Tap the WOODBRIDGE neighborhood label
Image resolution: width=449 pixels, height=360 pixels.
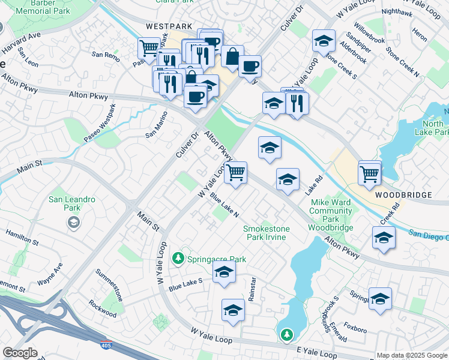click(403, 196)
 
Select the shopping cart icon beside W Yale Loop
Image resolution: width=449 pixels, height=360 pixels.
click(236, 173)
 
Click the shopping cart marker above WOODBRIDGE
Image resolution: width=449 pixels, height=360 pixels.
click(370, 174)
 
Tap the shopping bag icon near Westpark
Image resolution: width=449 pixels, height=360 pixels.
click(232, 56)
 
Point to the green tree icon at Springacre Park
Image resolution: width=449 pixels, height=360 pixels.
click(178, 259)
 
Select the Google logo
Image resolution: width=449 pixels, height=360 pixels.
click(20, 353)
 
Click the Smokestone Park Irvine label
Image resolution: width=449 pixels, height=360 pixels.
click(267, 233)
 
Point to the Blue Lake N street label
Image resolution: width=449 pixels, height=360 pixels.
click(224, 206)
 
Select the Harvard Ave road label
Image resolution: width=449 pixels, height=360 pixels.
click(20, 43)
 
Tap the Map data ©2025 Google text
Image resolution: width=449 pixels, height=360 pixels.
click(411, 355)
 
